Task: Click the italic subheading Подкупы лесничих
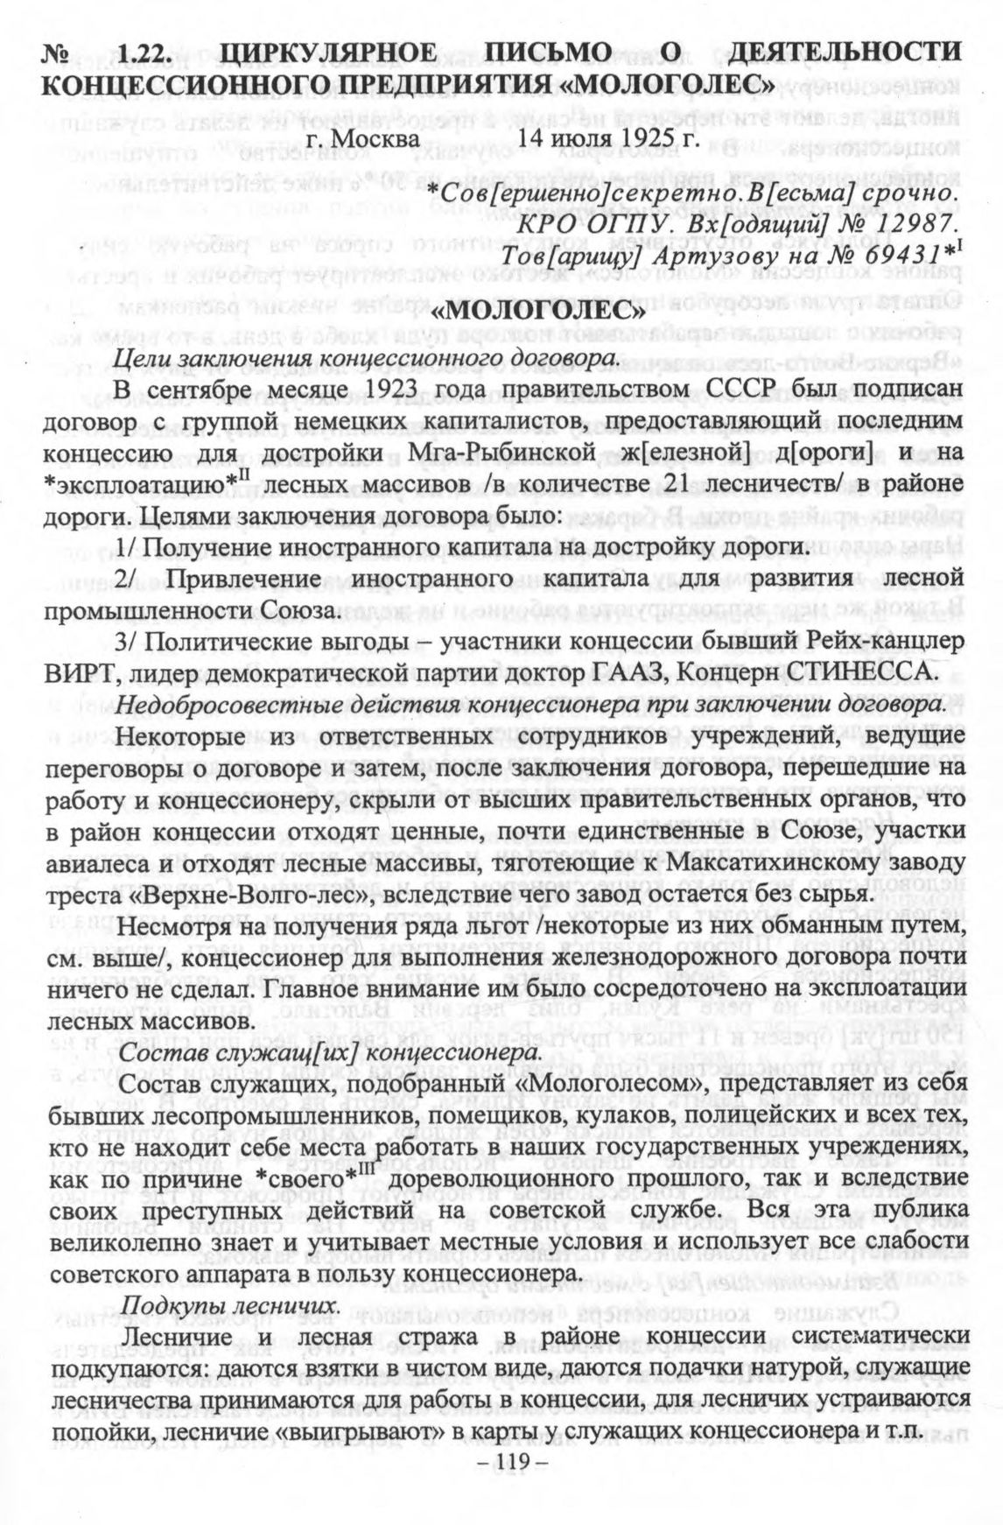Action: coord(229,1304)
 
